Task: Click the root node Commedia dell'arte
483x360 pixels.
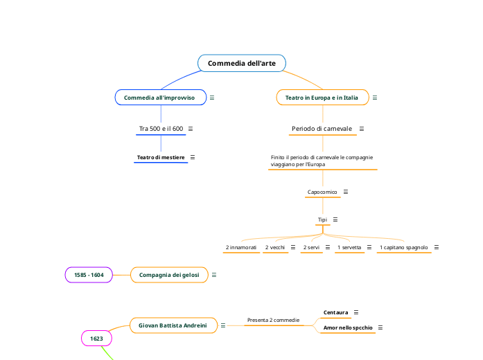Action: click(x=241, y=64)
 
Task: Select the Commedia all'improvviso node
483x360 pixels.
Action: click(x=160, y=98)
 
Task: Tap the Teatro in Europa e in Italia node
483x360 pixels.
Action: click(x=322, y=98)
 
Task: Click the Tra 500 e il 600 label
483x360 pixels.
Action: click(x=161, y=129)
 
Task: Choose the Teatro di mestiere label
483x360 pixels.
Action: click(x=161, y=157)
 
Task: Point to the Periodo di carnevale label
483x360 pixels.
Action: click(x=322, y=129)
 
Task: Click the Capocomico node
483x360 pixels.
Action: click(x=322, y=192)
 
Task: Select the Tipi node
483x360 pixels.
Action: click(x=322, y=219)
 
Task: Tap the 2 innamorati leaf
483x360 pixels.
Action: click(x=241, y=247)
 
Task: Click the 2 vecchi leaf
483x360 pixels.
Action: click(x=275, y=247)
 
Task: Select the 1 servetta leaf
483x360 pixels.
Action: click(x=349, y=247)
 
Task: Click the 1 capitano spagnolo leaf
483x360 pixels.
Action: click(x=403, y=247)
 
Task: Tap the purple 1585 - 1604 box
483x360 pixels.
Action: click(x=89, y=275)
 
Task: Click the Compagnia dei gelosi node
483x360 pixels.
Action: click(x=169, y=275)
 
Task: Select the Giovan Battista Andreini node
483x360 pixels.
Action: click(x=173, y=325)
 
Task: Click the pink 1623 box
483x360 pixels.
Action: click(x=96, y=339)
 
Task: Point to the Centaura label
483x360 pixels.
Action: click(x=336, y=312)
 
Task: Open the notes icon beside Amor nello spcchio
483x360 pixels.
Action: click(x=380, y=327)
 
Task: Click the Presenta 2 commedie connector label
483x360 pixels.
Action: click(x=273, y=321)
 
